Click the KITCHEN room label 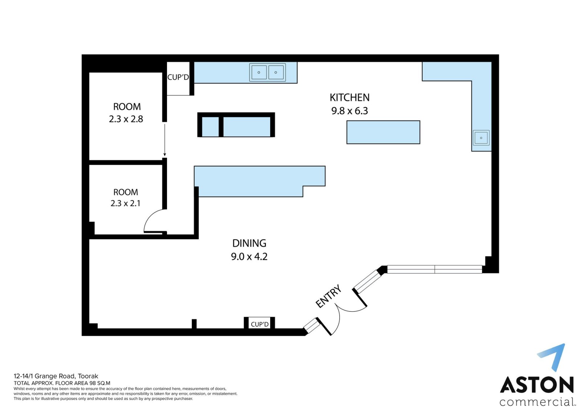pos(350,98)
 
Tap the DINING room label pos(249,243)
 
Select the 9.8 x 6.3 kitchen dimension pos(350,111)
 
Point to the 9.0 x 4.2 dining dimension pos(249,257)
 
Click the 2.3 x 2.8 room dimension pos(126,119)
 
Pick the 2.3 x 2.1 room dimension pos(126,203)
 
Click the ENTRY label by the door pos(328,296)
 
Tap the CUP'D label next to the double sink pos(178,77)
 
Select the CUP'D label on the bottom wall pos(260,324)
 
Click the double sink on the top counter pos(267,73)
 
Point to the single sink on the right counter pos(481,138)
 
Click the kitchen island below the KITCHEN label pos(383,132)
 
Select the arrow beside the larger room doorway pos(165,140)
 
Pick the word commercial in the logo pos(536,402)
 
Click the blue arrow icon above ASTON pos(552,358)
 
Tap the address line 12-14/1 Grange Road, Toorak pos(56,376)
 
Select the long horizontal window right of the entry pos(435,269)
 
